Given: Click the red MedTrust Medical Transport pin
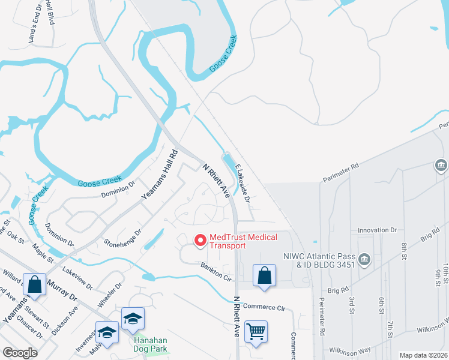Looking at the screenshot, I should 199,240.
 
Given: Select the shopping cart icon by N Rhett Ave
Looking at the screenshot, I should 256,331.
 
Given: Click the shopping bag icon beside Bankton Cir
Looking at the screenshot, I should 264,275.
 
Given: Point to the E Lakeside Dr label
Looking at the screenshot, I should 243,183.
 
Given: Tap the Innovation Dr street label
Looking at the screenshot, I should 378,230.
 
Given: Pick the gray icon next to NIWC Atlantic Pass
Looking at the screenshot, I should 364,259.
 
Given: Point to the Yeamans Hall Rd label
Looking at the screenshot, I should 160,175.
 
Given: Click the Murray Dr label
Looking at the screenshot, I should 62,290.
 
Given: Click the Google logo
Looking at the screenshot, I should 20,352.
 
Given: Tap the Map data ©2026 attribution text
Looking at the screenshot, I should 424,355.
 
